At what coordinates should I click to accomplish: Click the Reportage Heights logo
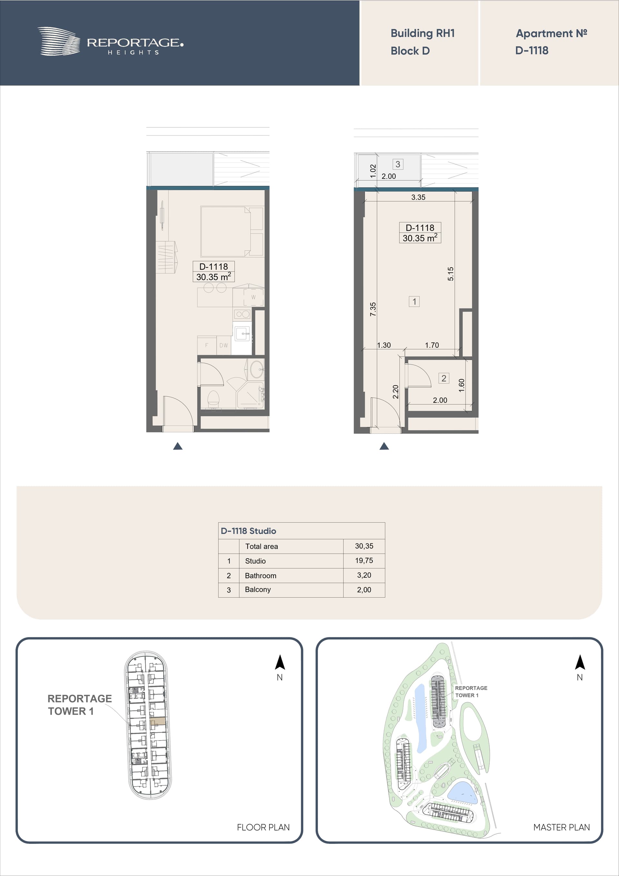pos(110,42)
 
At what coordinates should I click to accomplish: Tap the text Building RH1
pos(423,34)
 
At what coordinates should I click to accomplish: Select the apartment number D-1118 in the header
pos(532,50)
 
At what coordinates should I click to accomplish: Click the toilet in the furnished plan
pos(213,399)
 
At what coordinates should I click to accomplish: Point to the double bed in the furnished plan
pos(232,231)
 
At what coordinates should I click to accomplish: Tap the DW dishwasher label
pos(223,345)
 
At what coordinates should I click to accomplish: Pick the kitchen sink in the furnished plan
pos(242,334)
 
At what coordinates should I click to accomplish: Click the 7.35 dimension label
pos(373,309)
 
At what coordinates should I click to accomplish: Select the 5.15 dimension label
pos(451,274)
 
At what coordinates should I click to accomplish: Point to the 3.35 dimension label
pos(418,197)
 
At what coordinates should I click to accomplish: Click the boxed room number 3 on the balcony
pos(398,164)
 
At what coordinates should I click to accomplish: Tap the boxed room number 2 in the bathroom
pos(444,378)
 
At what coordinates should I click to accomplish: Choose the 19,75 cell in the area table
pos(364,561)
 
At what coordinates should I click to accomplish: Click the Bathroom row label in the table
pos(260,575)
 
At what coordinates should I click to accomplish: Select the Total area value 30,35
pos(364,546)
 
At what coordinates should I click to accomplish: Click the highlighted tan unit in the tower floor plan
pos(158,721)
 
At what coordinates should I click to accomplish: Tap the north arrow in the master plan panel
pos(580,662)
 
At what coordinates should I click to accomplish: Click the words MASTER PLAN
pos(561,827)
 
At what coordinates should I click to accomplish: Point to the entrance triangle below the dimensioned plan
pos(384,446)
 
